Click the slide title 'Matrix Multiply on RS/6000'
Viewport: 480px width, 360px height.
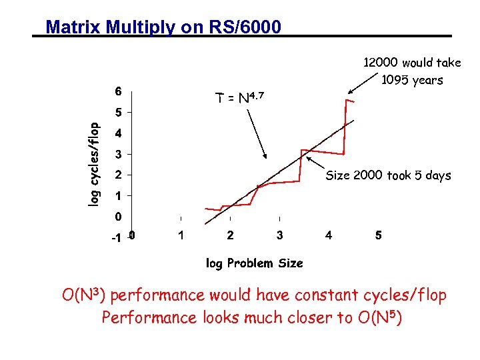pyautogui.click(x=163, y=27)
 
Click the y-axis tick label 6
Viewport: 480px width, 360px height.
pyautogui.click(x=118, y=91)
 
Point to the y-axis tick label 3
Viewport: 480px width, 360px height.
pyautogui.click(x=118, y=155)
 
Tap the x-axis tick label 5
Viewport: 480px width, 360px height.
pyautogui.click(x=379, y=235)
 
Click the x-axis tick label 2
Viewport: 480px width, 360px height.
pyautogui.click(x=230, y=235)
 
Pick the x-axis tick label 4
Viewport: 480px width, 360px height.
pyautogui.click(x=329, y=235)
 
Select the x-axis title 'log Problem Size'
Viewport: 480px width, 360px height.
pyautogui.click(x=254, y=263)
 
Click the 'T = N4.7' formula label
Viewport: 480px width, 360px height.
pyautogui.click(x=240, y=98)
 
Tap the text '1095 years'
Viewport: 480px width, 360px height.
pyautogui.click(x=411, y=81)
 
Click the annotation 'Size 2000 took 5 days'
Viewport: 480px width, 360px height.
pyautogui.click(x=388, y=176)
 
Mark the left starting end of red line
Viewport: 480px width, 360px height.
pyautogui.click(x=205, y=208)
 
